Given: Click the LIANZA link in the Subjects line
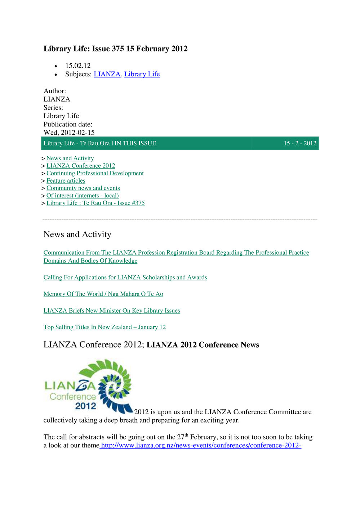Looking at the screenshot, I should [x=107, y=74].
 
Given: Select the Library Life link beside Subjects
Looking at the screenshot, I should [x=142, y=74].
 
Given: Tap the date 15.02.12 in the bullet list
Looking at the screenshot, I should [x=78, y=66].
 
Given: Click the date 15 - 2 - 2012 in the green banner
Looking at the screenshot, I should [x=300, y=143].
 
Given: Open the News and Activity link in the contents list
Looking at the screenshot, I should [x=70, y=158].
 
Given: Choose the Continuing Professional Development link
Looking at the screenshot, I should [x=95, y=173].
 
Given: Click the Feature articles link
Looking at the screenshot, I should [x=66, y=181].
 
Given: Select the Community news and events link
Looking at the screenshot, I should [x=83, y=188].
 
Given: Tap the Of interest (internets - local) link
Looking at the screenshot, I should [x=82, y=196].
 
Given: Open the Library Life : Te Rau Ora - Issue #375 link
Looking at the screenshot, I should [x=95, y=203].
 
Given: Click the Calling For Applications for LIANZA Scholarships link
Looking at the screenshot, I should [x=125, y=277].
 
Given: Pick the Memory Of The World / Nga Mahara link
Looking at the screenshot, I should [x=103, y=294].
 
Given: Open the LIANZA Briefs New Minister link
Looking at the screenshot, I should [x=112, y=311].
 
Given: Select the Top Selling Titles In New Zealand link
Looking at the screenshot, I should [x=105, y=327].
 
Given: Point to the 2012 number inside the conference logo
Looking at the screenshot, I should [x=85, y=406].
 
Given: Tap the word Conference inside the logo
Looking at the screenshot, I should [x=73, y=397].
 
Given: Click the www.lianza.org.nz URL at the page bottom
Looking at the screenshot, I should [x=201, y=446].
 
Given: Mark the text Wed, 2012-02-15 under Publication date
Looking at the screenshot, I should [x=69, y=133].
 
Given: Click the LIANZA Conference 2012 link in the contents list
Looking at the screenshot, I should [x=81, y=166].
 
